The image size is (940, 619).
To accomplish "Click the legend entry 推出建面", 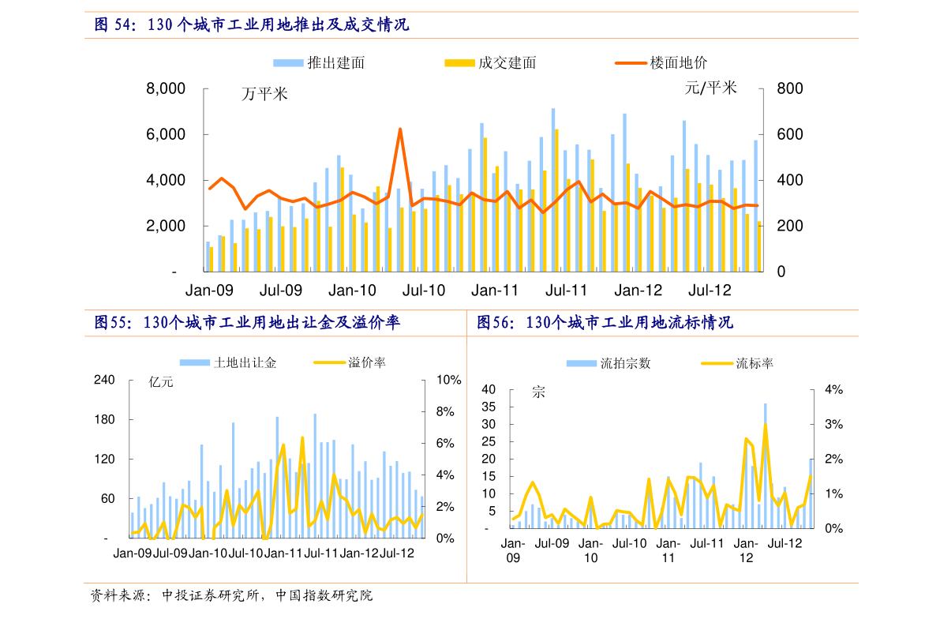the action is [319, 63].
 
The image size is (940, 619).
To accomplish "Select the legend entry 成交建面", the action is [490, 63].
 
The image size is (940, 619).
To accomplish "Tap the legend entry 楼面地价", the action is [661, 63].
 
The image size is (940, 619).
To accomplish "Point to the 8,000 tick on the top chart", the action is [166, 88].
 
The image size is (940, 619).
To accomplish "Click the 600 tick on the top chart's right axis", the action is [789, 134].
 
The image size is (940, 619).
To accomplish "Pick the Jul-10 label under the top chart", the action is [423, 291].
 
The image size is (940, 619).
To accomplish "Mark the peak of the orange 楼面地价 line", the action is [400, 129].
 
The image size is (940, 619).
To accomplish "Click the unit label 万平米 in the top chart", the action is [264, 94].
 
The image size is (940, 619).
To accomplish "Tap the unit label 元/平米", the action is [710, 88].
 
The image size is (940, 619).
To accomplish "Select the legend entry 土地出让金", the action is [228, 362].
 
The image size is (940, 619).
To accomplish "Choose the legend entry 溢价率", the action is [350, 362].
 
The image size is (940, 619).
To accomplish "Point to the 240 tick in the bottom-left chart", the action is [104, 380].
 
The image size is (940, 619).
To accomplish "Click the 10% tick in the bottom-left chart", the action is [448, 380].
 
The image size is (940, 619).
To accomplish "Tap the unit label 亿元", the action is [161, 382].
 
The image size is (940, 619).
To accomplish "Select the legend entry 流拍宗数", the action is [609, 363].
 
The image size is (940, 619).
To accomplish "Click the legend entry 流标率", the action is [737, 363].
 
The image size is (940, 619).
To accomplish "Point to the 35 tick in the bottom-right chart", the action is [489, 407].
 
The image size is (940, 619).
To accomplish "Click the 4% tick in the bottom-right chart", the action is [834, 389].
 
